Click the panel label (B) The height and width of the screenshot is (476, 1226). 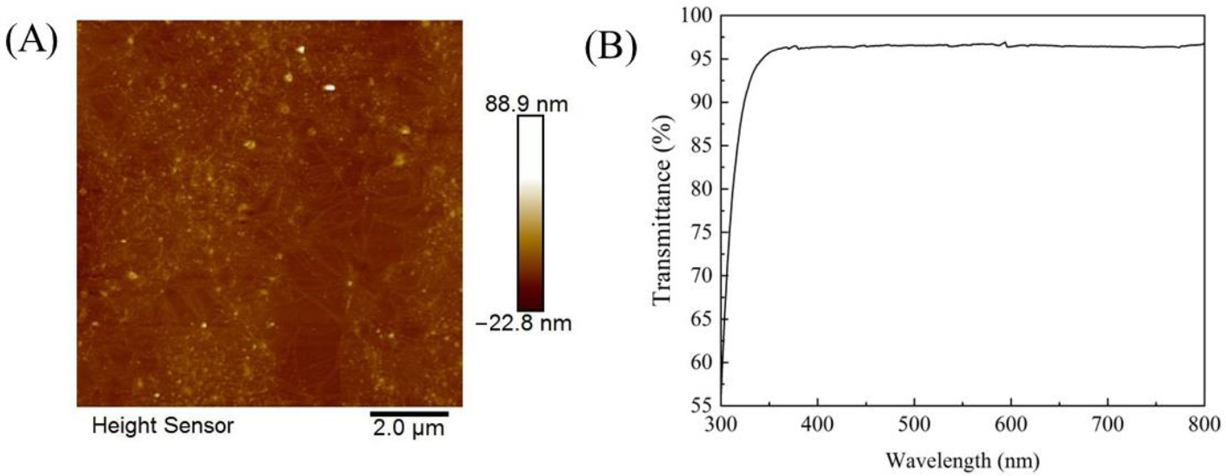[610, 48]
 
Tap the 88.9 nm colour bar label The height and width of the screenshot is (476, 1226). [530, 104]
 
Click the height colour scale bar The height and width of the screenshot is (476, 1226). [530, 213]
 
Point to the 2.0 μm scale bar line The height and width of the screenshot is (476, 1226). [410, 412]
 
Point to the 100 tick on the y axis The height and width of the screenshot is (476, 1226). [697, 16]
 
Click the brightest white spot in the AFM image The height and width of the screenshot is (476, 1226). [330, 87]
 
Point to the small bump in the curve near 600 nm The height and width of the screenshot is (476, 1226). [1007, 42]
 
